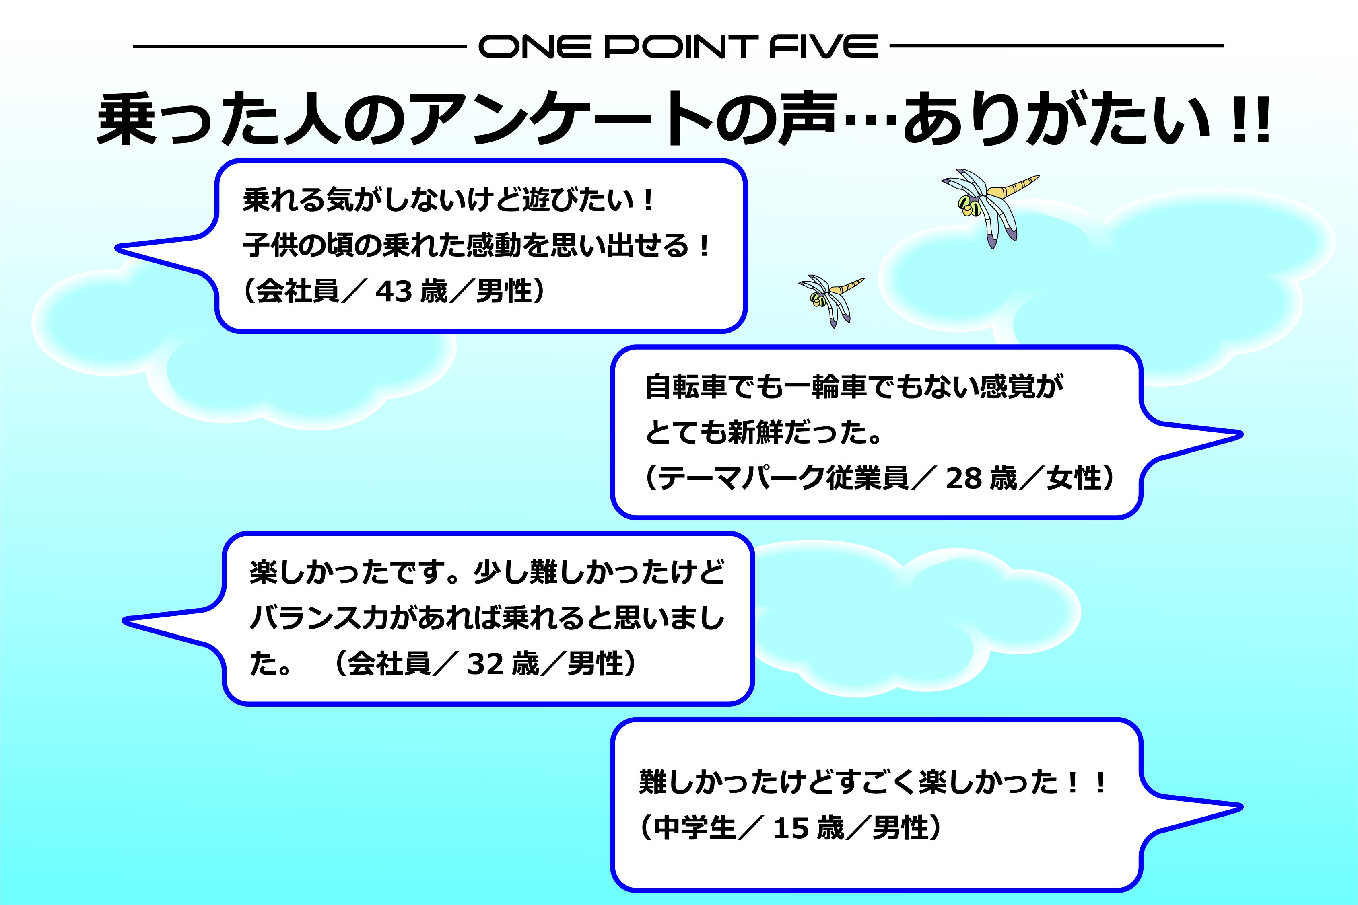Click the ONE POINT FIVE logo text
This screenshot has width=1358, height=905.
(678, 46)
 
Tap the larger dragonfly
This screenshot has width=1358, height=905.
(989, 205)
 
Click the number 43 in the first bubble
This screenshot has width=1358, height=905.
(394, 292)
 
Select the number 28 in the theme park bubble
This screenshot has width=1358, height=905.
(964, 478)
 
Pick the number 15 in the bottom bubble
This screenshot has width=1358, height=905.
(791, 828)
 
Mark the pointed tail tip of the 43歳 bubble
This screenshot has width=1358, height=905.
(117, 249)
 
